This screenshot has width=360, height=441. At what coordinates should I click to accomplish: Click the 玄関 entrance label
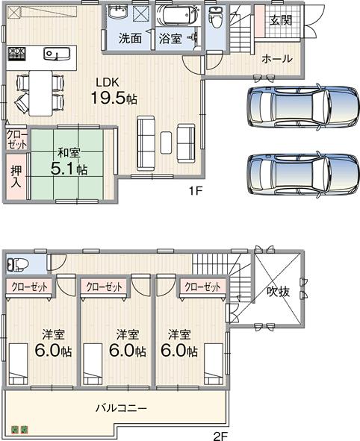tap(281, 19)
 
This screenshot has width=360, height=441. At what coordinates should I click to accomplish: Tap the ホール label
tap(276, 59)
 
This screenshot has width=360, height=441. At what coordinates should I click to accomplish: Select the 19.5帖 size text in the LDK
tap(114, 98)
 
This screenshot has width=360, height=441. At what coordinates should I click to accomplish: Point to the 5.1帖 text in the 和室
tap(68, 168)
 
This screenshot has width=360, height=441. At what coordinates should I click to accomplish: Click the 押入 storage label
tap(16, 176)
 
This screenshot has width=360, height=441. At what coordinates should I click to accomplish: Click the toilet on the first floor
tap(215, 16)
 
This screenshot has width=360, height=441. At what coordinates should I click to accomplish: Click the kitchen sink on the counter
tap(54, 54)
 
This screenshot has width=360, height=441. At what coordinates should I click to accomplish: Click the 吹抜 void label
tap(278, 292)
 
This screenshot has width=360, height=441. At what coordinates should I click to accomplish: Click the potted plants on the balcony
tap(19, 429)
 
